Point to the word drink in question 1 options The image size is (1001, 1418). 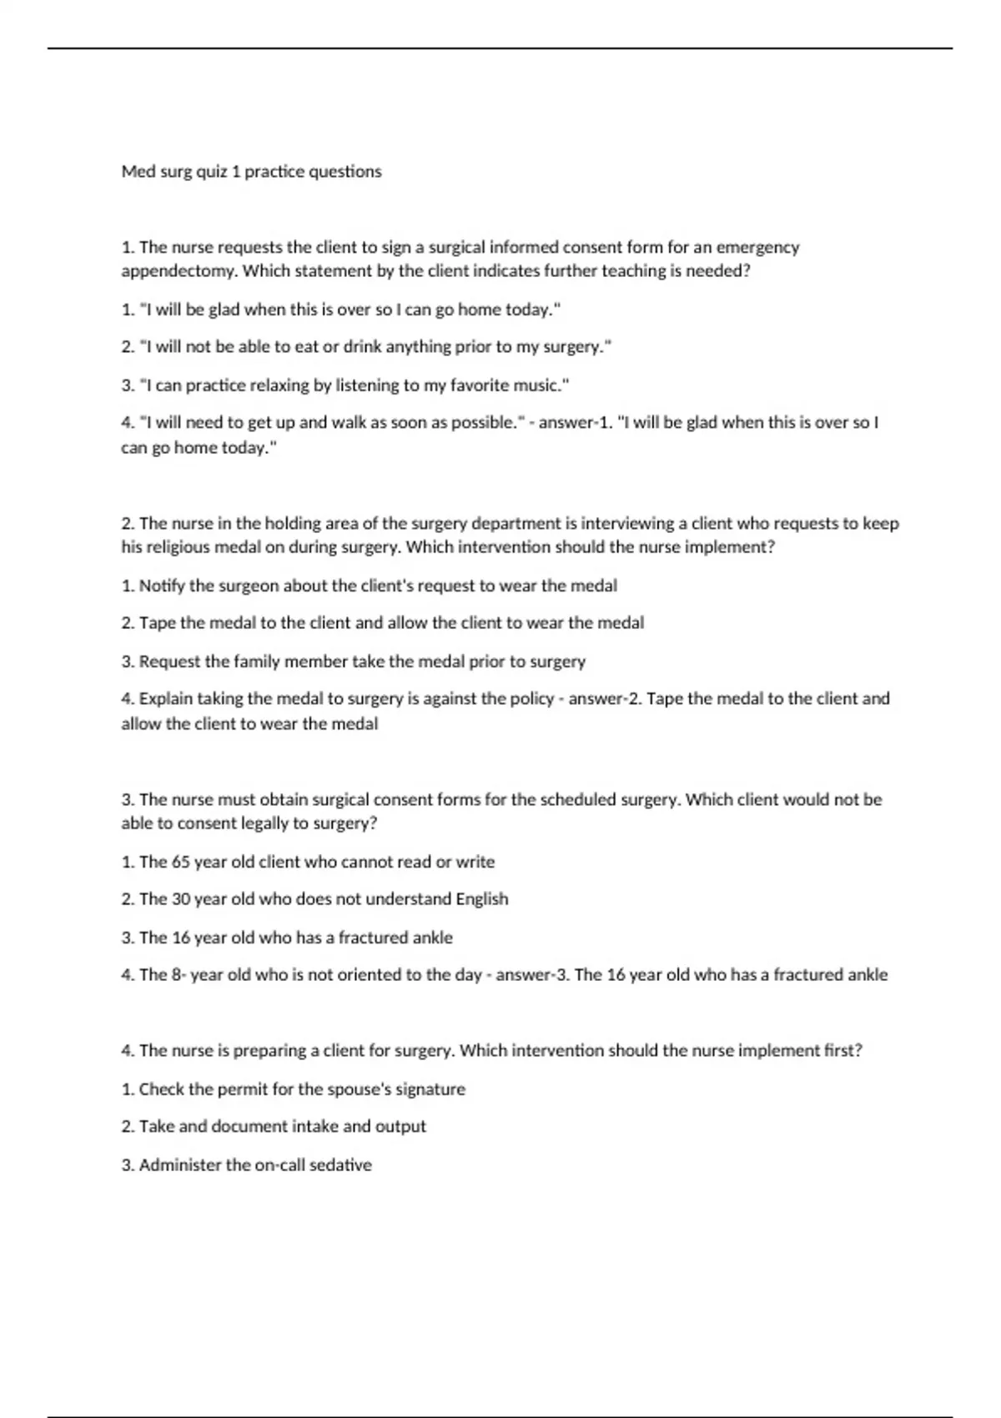pyautogui.click(x=361, y=347)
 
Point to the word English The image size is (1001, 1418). pyautogui.click(x=481, y=899)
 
